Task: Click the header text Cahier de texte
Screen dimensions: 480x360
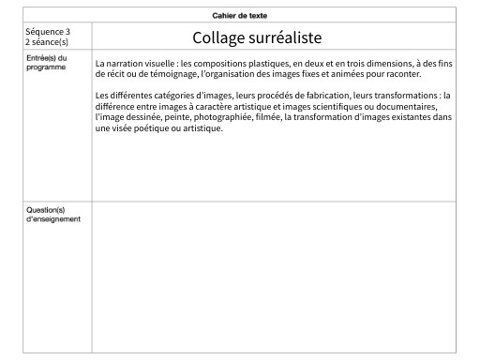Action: (x=240, y=15)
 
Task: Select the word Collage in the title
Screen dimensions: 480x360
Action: (x=222, y=37)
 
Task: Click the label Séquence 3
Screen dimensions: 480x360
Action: (x=48, y=32)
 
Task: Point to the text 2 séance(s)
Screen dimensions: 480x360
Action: (x=48, y=42)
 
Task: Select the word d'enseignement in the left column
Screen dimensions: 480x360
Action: (x=53, y=219)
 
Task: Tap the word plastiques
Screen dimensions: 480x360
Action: (x=262, y=63)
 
